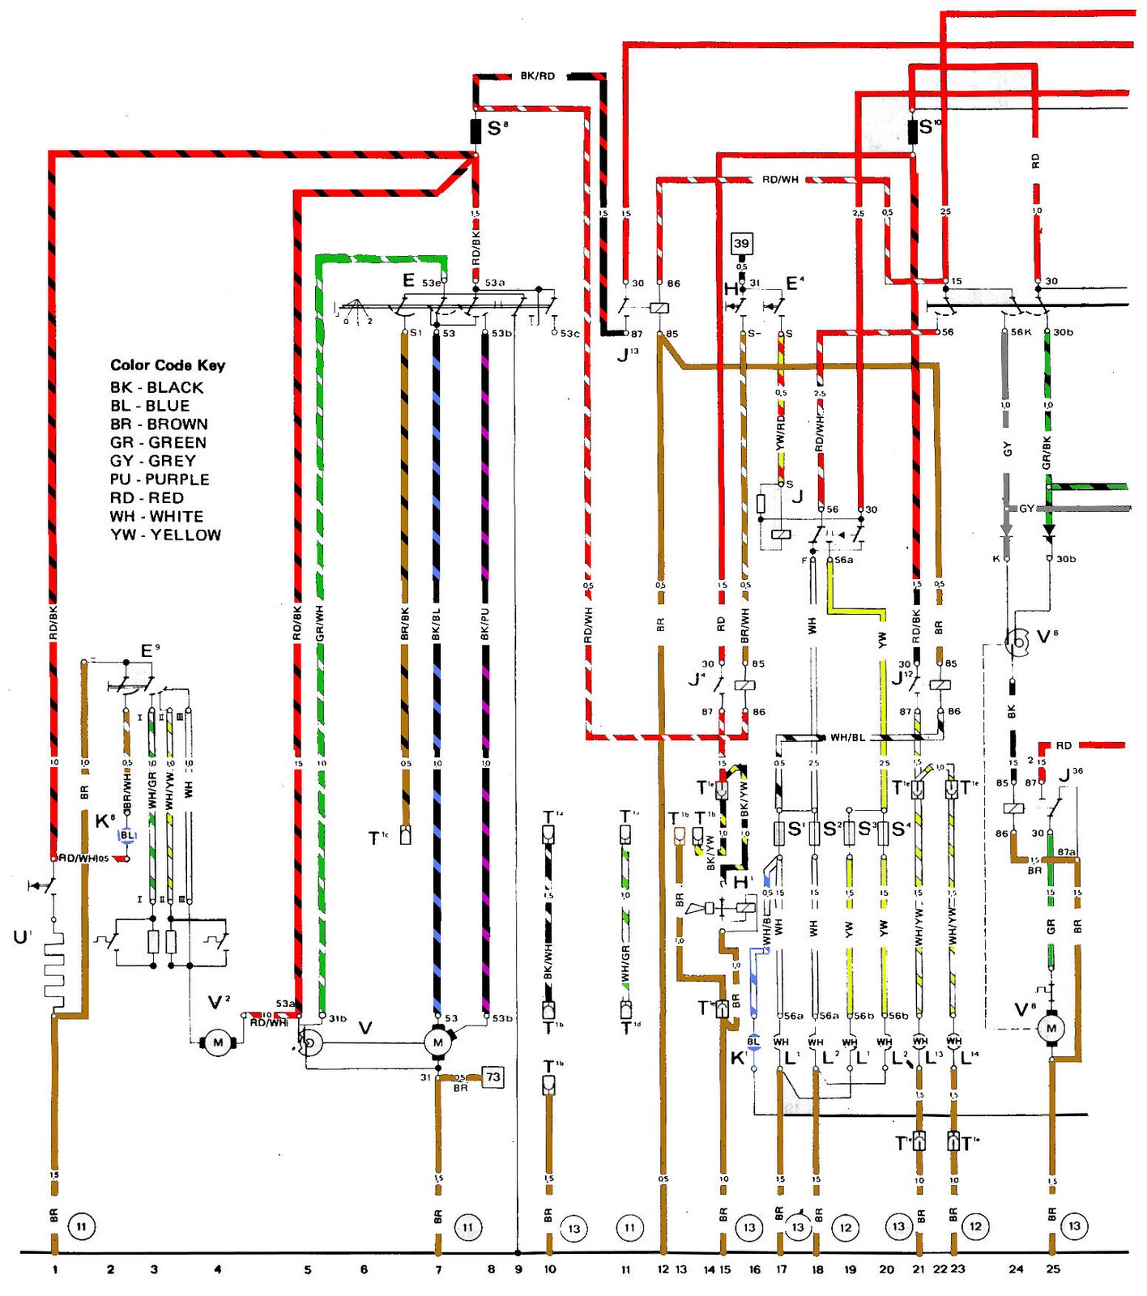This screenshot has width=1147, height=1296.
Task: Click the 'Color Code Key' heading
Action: pyautogui.click(x=168, y=365)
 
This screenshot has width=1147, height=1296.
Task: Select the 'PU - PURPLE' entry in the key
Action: pyautogui.click(x=160, y=480)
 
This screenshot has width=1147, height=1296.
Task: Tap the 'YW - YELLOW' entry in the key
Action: pyautogui.click(x=165, y=535)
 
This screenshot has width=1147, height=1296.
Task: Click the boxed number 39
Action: pyautogui.click(x=741, y=243)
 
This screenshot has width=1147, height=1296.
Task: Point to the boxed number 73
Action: pyautogui.click(x=492, y=1076)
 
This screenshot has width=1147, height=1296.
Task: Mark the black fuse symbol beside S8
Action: pyautogui.click(x=476, y=131)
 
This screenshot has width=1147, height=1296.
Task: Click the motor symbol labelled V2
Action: pyautogui.click(x=217, y=1042)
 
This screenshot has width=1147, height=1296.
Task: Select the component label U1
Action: pyautogui.click(x=22, y=937)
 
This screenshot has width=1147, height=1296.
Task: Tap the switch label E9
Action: pyautogui.click(x=150, y=650)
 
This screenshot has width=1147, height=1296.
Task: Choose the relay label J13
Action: pyautogui.click(x=627, y=353)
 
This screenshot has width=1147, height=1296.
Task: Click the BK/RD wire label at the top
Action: pyautogui.click(x=537, y=76)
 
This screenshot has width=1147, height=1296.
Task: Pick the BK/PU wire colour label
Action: pyautogui.click(x=484, y=625)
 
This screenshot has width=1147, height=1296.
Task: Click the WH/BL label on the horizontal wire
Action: pyautogui.click(x=846, y=738)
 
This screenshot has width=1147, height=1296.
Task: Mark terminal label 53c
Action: pyautogui.click(x=569, y=333)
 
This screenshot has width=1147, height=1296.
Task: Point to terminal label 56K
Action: pyautogui.click(x=1021, y=332)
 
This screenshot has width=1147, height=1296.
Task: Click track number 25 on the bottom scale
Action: pyautogui.click(x=1052, y=1269)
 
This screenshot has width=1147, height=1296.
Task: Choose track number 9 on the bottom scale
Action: pyautogui.click(x=518, y=1269)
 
